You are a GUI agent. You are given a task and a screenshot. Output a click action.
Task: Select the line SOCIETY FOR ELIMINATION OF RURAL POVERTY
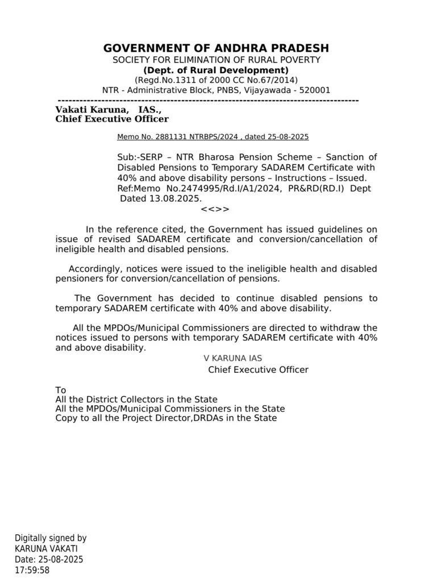(x=216, y=60)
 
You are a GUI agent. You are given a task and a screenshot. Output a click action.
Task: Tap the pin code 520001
(x=314, y=90)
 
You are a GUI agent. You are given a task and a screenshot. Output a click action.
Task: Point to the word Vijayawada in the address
(x=269, y=90)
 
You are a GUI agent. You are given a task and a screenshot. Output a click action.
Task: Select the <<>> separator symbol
(x=215, y=209)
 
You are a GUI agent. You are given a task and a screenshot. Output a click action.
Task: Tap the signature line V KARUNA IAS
(x=233, y=359)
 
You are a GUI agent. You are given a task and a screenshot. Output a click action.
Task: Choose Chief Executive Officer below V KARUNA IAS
(x=258, y=370)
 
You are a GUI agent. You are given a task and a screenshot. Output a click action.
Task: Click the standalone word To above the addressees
(x=61, y=390)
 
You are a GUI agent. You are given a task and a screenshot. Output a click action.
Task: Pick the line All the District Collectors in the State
(x=136, y=400)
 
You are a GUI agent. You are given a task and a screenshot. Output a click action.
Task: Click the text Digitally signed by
(x=51, y=538)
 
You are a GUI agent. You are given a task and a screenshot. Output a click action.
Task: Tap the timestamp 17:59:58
(x=32, y=570)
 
